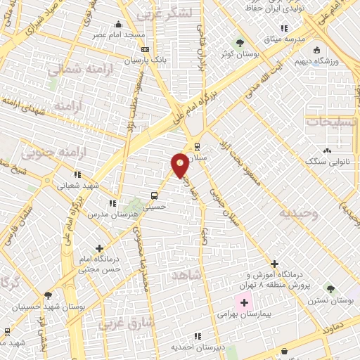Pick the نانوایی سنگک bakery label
pos(326,161)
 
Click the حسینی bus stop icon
pos(154,196)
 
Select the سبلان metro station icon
pos(198,148)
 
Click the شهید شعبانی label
pos(79,185)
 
